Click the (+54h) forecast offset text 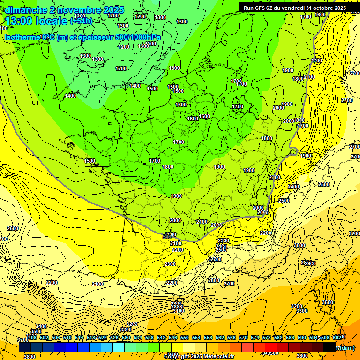tap(81, 21)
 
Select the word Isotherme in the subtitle tap(21, 37)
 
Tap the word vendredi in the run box tap(298, 8)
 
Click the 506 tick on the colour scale tap(55, 337)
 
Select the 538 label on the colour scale tap(149, 337)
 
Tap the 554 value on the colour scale tap(196, 337)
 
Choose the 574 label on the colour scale tap(255, 337)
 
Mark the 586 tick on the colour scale tap(290, 337)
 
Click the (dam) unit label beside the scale tap(347, 348)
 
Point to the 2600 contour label tap(13, 228)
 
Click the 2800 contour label tap(213, 280)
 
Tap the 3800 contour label tap(29, 357)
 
